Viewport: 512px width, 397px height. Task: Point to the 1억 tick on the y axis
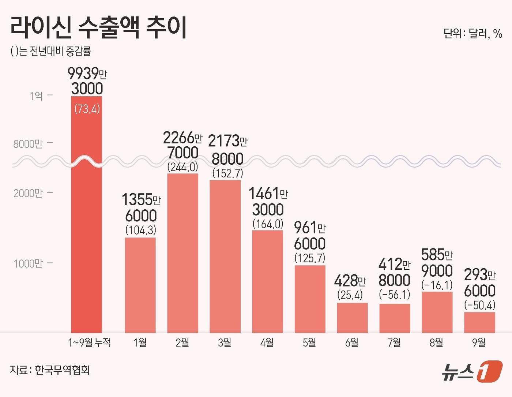pos(37,96)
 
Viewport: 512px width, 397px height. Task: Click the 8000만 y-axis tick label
pos(28,144)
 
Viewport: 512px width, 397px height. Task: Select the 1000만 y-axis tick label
pos(28,263)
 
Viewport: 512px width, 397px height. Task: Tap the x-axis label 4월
pos(267,343)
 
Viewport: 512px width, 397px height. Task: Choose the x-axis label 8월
pos(436,343)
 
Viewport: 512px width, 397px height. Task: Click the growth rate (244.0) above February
pos(182,167)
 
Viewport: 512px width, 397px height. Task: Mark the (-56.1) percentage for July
pos(394,295)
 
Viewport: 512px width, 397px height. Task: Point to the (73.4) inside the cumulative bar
pos(87,109)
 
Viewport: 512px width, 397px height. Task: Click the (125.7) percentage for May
pos(310,258)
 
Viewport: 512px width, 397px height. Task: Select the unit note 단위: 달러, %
pos(473,34)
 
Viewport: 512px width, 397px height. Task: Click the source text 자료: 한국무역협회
pos(50,370)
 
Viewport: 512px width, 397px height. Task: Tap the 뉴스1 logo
pos(471,371)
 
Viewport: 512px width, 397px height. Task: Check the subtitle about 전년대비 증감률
pos(51,52)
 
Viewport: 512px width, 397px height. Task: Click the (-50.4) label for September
pos(479,305)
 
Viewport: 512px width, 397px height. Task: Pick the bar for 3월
pos(225,256)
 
